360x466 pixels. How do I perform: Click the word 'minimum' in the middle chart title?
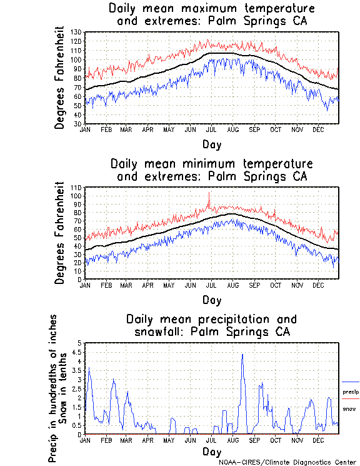pos(209,164)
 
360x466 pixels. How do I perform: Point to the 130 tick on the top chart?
pos(77,31)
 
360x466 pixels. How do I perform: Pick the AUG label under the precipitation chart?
pos(232,440)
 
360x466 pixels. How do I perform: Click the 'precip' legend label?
pos(351,392)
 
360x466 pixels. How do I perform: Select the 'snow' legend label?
pos(349,408)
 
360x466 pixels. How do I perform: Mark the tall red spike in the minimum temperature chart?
pos(209,194)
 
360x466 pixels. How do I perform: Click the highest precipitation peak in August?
pos(242,355)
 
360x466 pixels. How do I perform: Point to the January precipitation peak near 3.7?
pos(89,368)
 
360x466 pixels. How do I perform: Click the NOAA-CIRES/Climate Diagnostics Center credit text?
pos(288,462)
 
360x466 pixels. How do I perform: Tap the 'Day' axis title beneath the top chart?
pos(211,144)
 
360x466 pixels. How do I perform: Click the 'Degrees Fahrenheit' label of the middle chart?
pos(60,233)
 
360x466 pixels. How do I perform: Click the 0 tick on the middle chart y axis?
pos(81,279)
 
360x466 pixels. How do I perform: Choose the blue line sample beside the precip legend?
pos(351,382)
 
